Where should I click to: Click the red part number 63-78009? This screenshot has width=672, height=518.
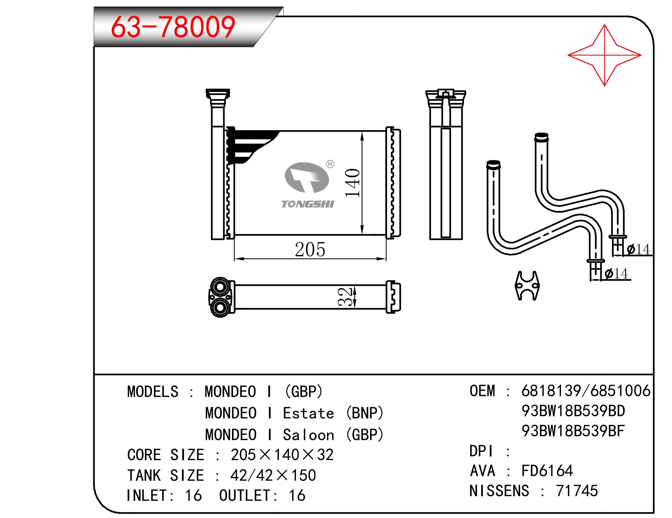(x=173, y=27)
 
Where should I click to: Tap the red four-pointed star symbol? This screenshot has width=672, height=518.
(x=604, y=56)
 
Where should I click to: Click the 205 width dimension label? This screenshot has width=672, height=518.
(x=310, y=249)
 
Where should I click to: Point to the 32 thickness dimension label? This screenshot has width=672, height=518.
(x=345, y=297)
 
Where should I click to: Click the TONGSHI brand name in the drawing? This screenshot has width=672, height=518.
(x=308, y=204)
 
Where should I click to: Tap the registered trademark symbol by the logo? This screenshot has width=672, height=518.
(x=330, y=164)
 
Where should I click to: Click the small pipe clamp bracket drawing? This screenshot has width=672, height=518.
(x=527, y=285)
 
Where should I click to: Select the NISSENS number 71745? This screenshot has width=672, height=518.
(x=577, y=491)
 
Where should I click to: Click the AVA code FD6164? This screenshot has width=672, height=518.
(x=547, y=470)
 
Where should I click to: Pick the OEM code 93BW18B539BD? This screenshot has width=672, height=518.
(x=573, y=411)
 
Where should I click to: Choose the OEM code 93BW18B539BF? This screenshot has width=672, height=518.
(x=573, y=431)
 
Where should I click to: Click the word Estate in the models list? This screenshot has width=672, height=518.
(x=308, y=413)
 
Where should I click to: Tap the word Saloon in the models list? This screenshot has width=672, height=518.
(x=308, y=435)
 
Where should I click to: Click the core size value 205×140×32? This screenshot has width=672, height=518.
(x=282, y=454)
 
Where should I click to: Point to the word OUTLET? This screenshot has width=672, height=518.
(x=245, y=495)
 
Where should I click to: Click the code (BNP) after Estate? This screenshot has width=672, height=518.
(x=365, y=413)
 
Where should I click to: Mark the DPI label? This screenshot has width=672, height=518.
(x=481, y=451)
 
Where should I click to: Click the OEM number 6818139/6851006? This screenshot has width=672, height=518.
(x=586, y=391)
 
